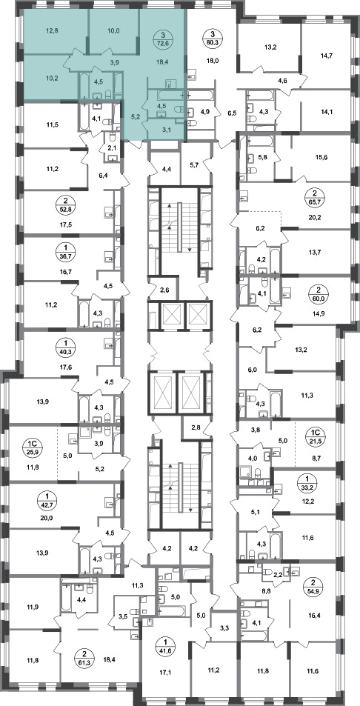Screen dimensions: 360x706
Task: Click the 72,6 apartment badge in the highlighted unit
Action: click(x=163, y=39)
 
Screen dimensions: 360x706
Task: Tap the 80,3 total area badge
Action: click(x=211, y=39)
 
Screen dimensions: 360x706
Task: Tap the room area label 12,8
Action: click(x=52, y=32)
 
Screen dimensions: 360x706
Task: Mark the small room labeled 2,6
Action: click(x=164, y=289)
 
